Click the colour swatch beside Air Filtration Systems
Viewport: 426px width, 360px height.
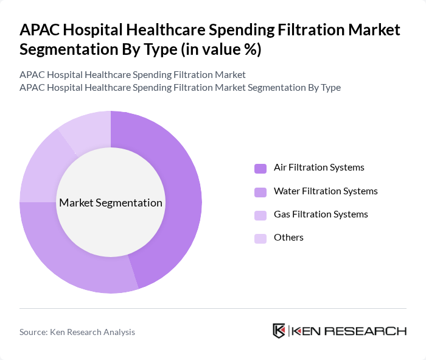260,168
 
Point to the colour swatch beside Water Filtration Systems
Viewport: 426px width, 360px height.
260,192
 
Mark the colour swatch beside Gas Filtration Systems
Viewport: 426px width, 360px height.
260,215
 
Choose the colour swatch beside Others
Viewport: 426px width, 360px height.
260,238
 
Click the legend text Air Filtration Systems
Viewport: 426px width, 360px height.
319,168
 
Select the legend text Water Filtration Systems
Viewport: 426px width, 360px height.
326,191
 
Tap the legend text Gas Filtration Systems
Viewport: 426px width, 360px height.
321,214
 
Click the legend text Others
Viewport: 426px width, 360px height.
288,238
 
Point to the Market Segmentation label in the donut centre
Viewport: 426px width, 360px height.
111,203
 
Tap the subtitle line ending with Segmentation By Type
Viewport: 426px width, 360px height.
180,87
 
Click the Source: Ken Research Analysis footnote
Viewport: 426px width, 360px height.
77,332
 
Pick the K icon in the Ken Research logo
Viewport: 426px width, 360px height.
279,331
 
